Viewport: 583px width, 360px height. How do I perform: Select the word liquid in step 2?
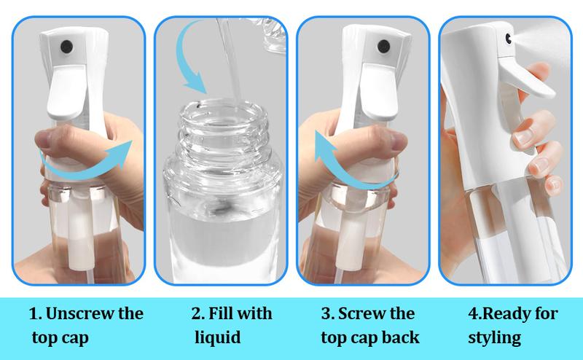[x=217, y=338]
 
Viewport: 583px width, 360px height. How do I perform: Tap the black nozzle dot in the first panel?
[x=65, y=44]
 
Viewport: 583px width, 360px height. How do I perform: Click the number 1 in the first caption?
[x=33, y=315]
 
